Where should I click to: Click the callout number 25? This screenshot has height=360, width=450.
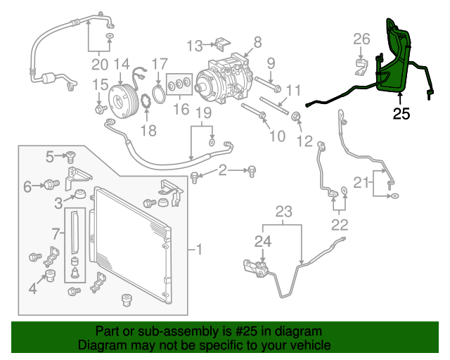tap(401, 113)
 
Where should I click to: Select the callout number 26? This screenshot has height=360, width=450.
tap(361, 38)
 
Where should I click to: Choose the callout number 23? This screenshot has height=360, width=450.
tap(283, 211)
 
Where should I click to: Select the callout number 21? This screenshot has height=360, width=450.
tap(361, 184)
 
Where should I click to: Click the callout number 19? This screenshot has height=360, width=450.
tap(203, 113)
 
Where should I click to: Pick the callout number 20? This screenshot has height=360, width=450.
tap(99, 65)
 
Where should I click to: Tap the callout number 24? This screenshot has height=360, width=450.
tap(262, 242)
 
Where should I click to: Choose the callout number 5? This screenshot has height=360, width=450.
tap(51, 156)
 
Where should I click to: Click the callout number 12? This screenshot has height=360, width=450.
tap(304, 141)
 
